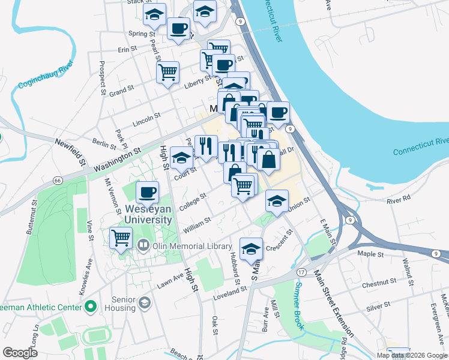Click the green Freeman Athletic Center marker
coord(91,308)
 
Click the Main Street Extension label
coord(334,303)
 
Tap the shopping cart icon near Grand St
coord(167,73)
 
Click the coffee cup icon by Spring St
coord(178,28)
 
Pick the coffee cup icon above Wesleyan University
coord(147,193)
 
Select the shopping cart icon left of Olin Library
coord(121,238)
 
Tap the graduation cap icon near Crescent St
coord(251,249)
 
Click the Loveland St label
coord(231,289)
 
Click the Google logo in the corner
coord(20,352)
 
